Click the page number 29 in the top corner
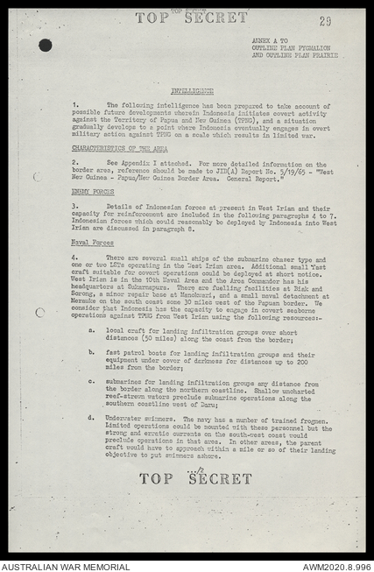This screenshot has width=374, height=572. coord(325,21)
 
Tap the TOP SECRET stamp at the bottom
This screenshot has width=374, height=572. coord(195,479)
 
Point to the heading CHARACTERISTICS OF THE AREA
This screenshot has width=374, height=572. coord(108,148)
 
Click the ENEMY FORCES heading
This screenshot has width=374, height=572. coord(93,190)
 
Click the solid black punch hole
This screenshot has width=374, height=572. coord(45,45)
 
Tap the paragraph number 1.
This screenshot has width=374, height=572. coord(75,105)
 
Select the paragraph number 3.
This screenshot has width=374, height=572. coord(75,205)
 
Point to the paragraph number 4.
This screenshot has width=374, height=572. coord(75,258)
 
